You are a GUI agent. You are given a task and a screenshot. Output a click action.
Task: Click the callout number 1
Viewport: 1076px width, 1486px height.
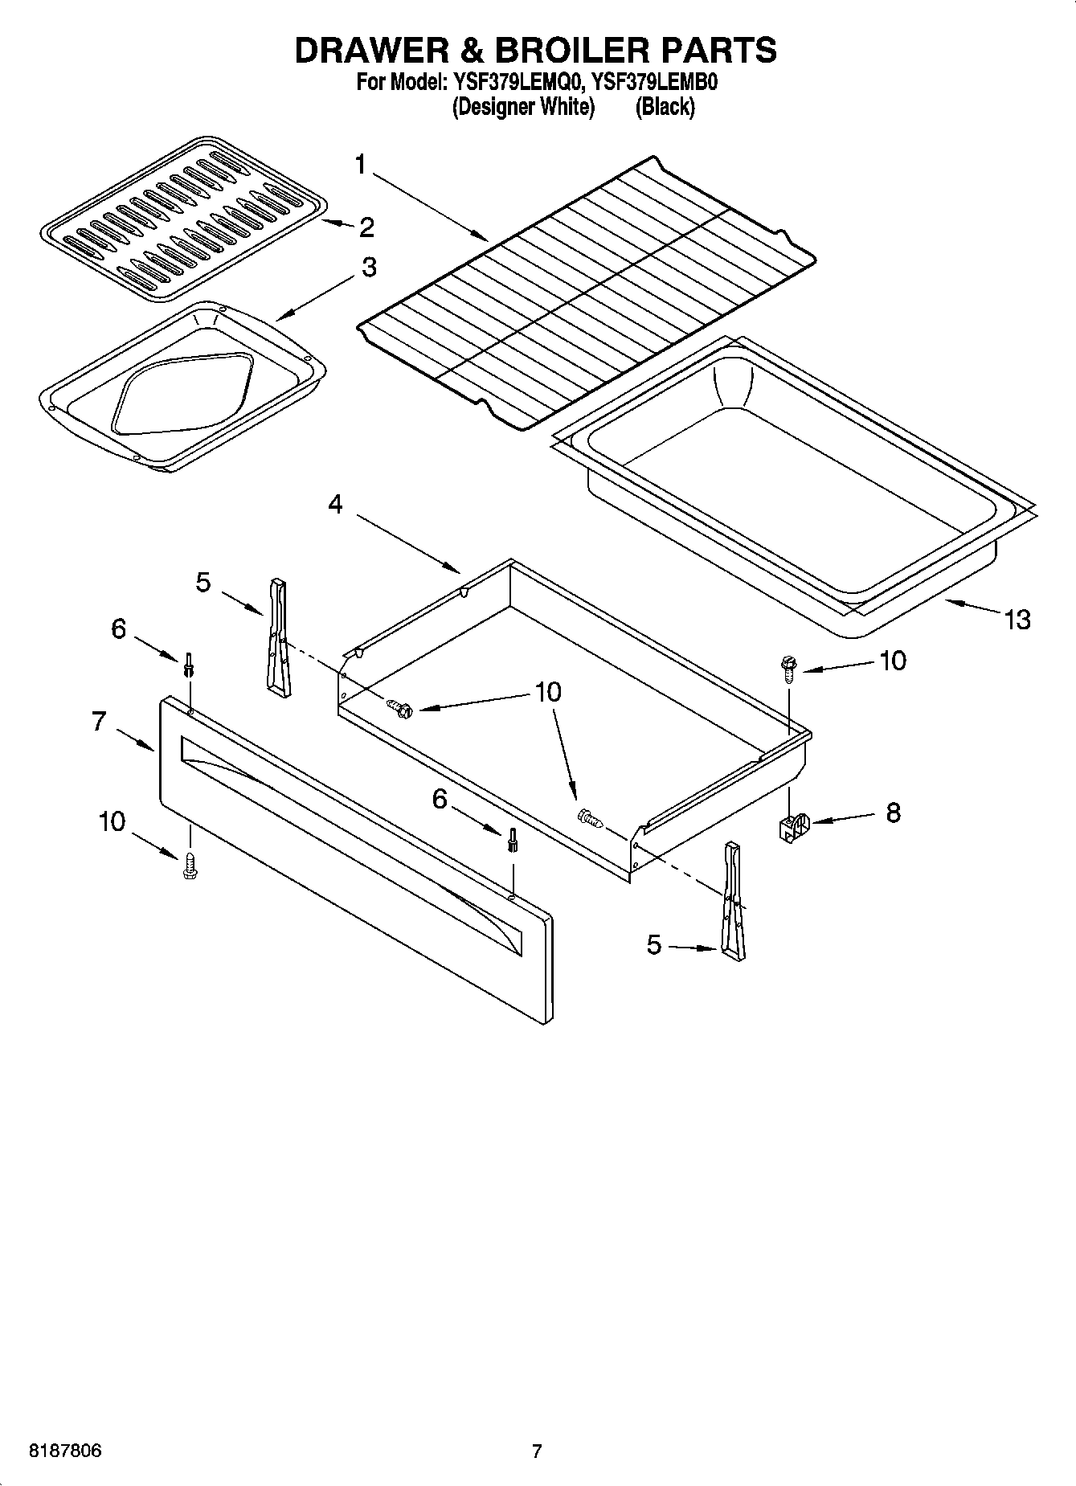(361, 165)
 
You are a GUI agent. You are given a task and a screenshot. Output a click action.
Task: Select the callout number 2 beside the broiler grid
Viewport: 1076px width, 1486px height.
(366, 227)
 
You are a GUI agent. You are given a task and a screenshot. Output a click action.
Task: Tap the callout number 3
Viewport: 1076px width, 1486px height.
(368, 267)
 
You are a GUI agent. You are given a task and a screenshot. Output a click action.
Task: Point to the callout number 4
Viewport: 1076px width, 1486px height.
(335, 505)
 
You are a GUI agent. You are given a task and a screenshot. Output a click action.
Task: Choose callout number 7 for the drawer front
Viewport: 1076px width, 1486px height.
(98, 722)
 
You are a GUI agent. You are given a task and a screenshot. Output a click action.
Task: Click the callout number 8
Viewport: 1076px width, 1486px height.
(893, 813)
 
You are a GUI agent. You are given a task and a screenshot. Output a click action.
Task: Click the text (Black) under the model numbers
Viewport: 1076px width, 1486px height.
(665, 107)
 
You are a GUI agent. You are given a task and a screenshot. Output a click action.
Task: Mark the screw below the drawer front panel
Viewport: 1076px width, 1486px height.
(190, 865)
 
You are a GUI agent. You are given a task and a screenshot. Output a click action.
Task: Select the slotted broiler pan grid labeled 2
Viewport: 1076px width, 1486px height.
(183, 219)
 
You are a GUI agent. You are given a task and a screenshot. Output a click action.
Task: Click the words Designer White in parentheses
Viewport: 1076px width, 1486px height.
(523, 107)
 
